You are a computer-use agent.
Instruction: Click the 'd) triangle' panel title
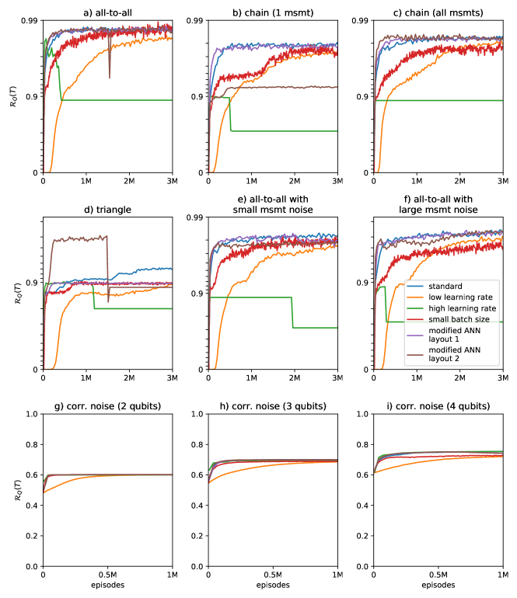coord(107,209)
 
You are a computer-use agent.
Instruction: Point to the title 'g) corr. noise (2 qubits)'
coord(107,406)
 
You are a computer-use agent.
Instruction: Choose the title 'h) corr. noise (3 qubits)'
coord(273,406)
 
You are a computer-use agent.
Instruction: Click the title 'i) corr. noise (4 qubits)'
coord(438,406)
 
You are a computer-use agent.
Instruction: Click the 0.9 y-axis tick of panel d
coord(32,283)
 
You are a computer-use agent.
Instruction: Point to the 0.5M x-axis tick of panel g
coord(107,576)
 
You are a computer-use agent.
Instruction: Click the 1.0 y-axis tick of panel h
coord(197,415)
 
